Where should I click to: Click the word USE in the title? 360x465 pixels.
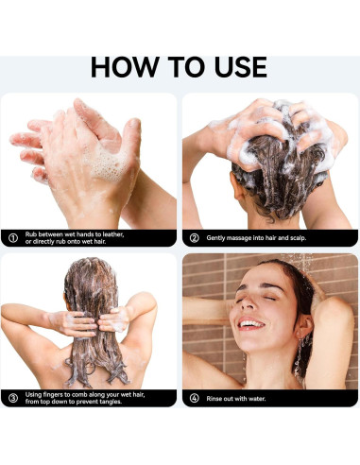point(241,67)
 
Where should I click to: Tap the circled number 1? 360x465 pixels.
point(12,238)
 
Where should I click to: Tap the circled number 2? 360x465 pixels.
point(195,238)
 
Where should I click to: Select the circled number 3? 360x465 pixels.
point(12,398)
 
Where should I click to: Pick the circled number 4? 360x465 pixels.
point(195,399)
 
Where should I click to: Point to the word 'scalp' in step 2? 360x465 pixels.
point(298,238)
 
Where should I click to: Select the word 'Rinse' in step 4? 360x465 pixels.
point(214,399)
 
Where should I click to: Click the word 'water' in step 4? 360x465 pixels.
point(257,399)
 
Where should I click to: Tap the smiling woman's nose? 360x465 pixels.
point(249,303)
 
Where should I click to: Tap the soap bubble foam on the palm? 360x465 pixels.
point(107,164)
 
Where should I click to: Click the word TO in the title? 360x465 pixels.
point(186,67)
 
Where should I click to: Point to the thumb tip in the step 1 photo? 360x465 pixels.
point(134,124)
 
